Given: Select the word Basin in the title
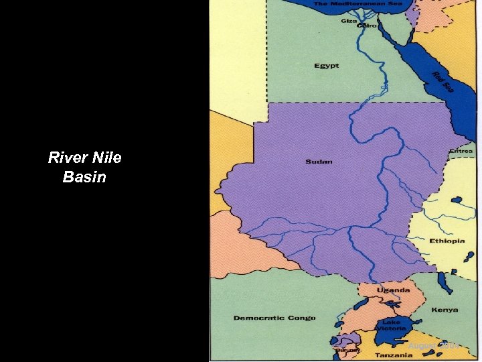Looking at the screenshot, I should (84, 178).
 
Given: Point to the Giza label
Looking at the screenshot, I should (349, 21).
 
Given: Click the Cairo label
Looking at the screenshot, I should (367, 25).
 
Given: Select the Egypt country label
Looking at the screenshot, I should (327, 66).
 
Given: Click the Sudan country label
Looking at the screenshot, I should (319, 162).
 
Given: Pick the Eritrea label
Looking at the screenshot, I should (461, 151).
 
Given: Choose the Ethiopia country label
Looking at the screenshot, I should (447, 241).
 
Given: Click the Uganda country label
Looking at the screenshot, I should (393, 290).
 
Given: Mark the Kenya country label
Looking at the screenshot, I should (445, 310).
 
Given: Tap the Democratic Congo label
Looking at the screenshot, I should (274, 318).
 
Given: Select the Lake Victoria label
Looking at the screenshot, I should (392, 325).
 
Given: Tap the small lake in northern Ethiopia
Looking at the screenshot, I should (458, 200).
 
